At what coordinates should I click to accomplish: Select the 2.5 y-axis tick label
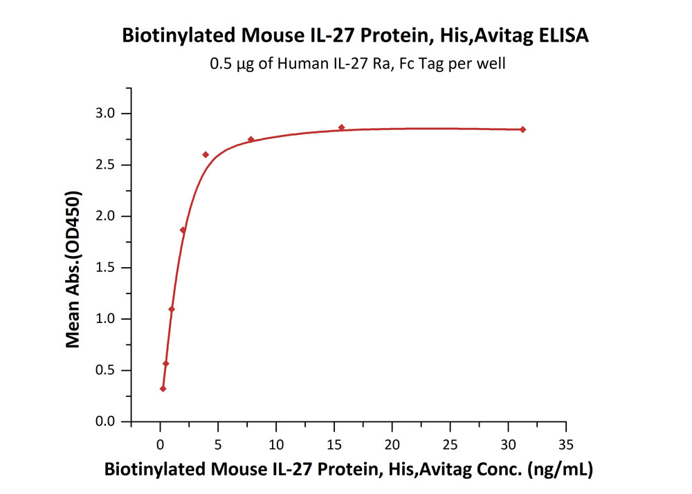pos(111,165)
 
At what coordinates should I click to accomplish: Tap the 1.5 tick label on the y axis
pos(111,268)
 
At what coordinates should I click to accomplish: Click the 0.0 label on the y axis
pos(111,421)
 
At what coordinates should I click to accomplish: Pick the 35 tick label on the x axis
pos(566,443)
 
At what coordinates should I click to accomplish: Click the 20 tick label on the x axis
pos(392,443)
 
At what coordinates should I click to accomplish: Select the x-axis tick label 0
pos(161,443)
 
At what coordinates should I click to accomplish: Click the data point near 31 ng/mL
pos(522,129)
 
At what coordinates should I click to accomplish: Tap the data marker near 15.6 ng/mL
pos(341,127)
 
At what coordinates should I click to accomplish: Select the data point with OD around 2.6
pos(206,154)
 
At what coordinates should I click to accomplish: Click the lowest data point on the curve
pos(163,389)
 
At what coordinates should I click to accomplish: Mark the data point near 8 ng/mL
pos(251,140)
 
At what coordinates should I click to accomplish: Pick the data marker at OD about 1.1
pos(172,309)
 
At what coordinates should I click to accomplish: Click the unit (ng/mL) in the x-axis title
pos(560,470)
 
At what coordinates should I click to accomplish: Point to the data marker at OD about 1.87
pos(183,230)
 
